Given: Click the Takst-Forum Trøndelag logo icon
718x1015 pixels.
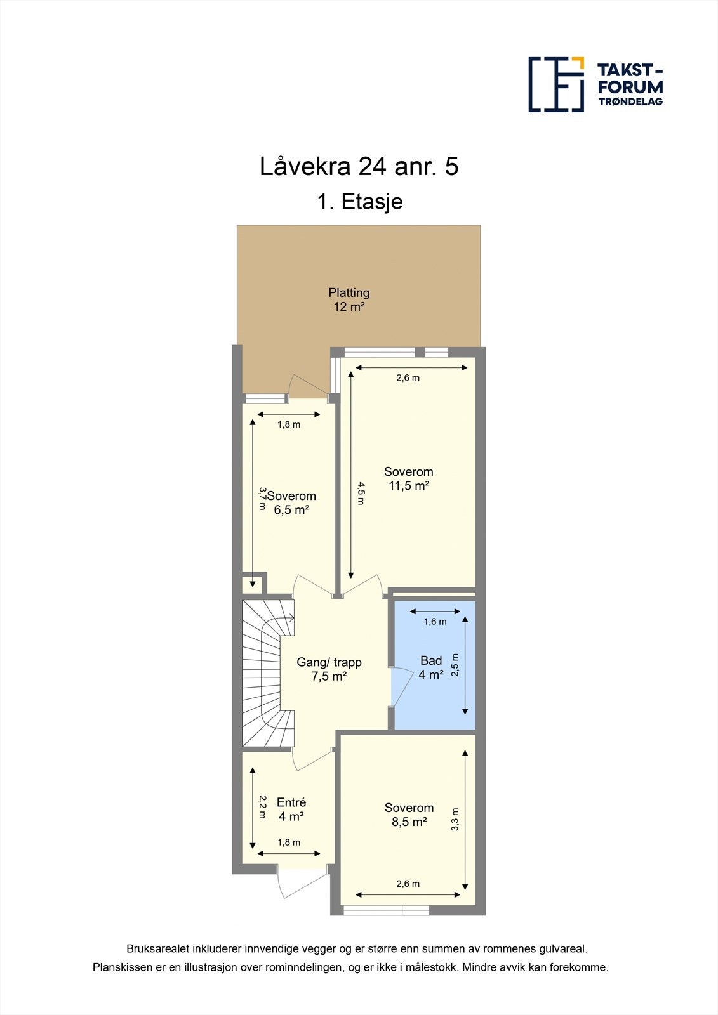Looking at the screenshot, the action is coord(556,84).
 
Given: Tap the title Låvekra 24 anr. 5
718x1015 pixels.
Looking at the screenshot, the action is coord(359,166).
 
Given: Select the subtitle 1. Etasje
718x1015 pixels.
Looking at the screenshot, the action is coord(359,201).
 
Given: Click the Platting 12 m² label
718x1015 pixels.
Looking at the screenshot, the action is coord(349,299).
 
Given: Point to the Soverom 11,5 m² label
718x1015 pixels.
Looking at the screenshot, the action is coord(409,478).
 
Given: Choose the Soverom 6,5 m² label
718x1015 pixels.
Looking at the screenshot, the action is coord(291,503).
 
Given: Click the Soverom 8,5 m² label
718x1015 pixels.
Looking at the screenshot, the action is coord(409,815).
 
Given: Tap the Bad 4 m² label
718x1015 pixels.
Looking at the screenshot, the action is coord(431,667).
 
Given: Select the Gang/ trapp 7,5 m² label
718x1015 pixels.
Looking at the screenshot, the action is coord(329,669).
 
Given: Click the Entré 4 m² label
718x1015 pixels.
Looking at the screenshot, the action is coord(291,809).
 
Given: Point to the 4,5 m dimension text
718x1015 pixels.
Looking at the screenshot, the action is coord(361,494).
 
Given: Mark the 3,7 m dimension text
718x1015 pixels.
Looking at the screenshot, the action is coord(262,499).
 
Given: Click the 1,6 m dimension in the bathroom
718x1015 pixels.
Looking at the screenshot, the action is coord(435,622).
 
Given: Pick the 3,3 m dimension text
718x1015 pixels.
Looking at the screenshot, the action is coord(455,819).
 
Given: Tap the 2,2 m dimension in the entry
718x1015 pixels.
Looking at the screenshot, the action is coord(262,808).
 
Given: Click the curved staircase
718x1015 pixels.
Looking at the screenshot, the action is coord(268,673).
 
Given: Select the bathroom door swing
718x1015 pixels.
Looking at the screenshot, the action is coord(399,686).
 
